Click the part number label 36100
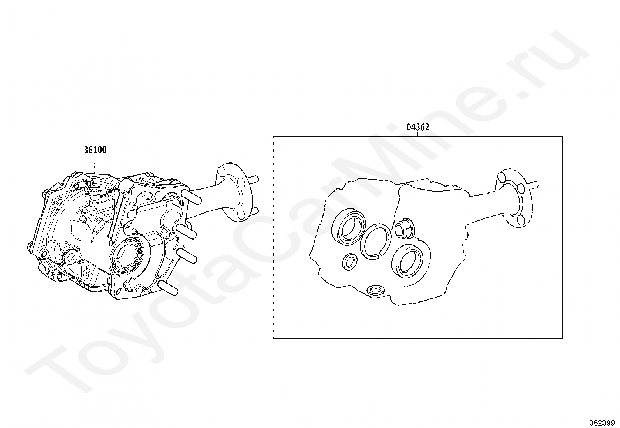coord(95,150)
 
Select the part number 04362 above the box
coord(417,127)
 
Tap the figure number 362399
coord(602,423)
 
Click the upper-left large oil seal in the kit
coord(349,227)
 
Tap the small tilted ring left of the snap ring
coord(350,261)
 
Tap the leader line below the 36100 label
coord(95,164)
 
